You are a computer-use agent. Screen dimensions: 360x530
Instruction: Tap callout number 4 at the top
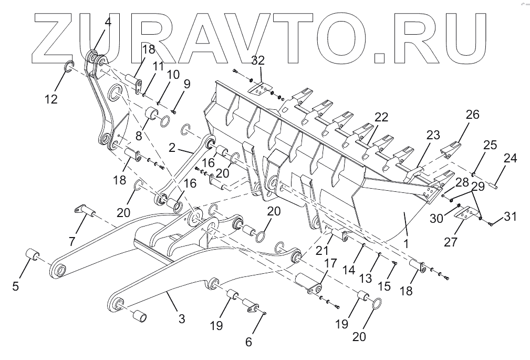pos(107,23)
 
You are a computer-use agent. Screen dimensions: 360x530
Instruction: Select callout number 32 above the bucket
pos(258,61)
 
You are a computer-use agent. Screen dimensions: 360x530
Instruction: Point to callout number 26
pos(472,115)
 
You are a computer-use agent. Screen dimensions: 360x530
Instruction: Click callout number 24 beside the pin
pos(511,158)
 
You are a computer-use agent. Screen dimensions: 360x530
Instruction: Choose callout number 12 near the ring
pos(51,99)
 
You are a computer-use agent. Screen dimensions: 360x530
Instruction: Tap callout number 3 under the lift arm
pos(181,318)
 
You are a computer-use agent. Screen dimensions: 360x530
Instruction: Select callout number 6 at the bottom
pos(249,342)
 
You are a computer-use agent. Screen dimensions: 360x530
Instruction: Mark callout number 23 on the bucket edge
pos(433,135)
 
